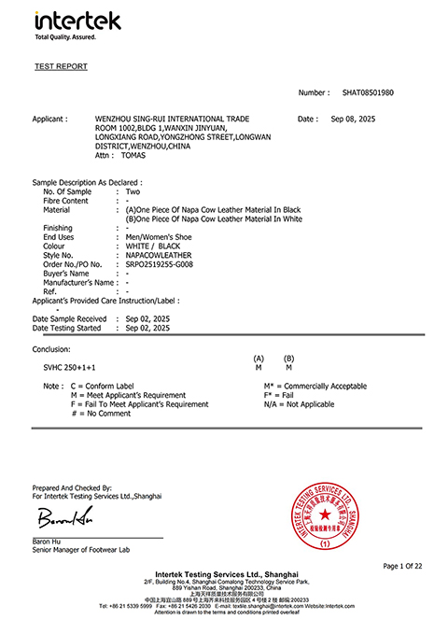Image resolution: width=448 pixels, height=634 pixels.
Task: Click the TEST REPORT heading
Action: tap(61, 67)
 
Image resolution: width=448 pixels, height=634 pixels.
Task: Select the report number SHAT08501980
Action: tap(368, 93)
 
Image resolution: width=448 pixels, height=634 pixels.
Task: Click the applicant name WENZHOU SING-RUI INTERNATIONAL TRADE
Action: tap(173, 120)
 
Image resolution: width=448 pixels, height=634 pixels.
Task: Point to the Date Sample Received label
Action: tap(70, 318)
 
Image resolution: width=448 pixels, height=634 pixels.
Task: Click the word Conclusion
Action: tap(51, 349)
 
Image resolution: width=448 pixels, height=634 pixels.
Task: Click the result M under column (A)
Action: tap(259, 368)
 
